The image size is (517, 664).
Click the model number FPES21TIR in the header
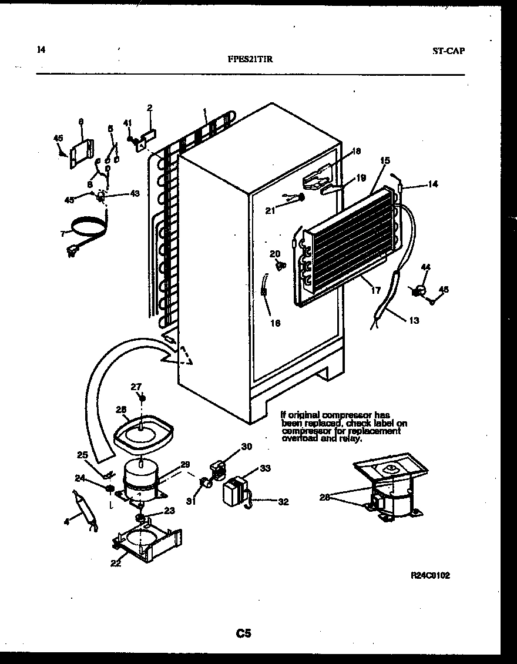[249, 59]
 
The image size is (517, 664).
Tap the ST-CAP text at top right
[448, 51]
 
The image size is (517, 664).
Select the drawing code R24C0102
[430, 576]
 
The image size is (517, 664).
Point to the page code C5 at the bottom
[244, 633]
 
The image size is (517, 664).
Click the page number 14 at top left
[41, 50]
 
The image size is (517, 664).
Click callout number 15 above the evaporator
[385, 160]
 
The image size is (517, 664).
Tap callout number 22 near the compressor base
[116, 564]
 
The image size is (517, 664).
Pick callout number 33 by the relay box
[265, 468]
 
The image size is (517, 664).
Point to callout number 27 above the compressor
[136, 386]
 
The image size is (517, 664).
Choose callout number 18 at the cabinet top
[355, 152]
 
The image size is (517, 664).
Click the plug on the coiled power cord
[73, 253]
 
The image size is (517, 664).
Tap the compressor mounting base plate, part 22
[147, 541]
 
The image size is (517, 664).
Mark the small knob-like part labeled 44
[419, 290]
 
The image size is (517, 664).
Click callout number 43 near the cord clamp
[135, 194]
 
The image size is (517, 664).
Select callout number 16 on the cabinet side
[275, 323]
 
